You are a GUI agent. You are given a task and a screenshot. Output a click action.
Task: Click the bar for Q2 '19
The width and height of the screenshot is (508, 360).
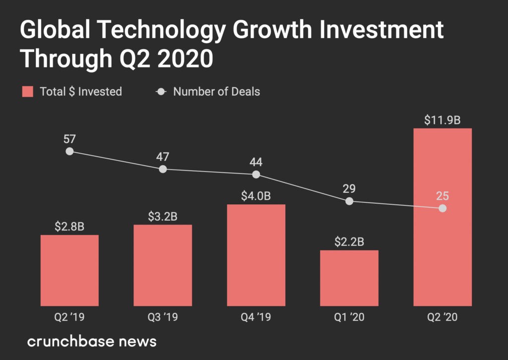click(69, 270)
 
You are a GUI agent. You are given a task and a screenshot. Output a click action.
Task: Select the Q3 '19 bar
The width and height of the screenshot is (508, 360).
click(163, 265)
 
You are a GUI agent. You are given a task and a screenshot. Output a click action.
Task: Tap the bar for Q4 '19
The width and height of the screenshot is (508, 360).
click(256, 255)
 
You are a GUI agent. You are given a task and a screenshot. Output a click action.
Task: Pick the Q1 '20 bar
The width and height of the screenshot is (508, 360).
click(349, 278)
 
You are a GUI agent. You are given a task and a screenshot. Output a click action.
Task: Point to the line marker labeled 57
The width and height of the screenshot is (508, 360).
click(69, 151)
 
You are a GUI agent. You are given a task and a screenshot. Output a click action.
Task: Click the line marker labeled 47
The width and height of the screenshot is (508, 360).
click(163, 169)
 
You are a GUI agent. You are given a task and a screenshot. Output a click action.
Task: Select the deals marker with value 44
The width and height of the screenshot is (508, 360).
click(256, 175)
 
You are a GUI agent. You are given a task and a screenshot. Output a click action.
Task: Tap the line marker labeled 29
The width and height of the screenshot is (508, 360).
click(349, 201)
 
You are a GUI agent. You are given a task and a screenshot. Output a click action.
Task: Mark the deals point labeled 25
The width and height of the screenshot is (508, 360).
click(443, 209)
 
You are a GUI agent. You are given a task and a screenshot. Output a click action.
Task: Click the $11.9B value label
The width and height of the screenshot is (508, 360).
click(443, 120)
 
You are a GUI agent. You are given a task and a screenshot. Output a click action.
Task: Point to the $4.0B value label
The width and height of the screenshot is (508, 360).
click(256, 196)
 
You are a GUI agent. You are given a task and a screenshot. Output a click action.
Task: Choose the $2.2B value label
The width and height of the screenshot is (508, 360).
click(349, 242)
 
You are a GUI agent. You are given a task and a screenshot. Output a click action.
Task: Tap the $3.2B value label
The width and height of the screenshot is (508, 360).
click(163, 216)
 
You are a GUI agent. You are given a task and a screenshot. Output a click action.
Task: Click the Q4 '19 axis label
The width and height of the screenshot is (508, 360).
click(256, 317)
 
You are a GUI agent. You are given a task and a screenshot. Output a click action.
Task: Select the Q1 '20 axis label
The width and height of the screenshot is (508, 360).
click(349, 317)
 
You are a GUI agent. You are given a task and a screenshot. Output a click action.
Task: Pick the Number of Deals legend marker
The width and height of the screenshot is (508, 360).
click(161, 92)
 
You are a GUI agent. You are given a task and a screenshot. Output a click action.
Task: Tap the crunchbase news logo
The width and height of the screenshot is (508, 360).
click(92, 342)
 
